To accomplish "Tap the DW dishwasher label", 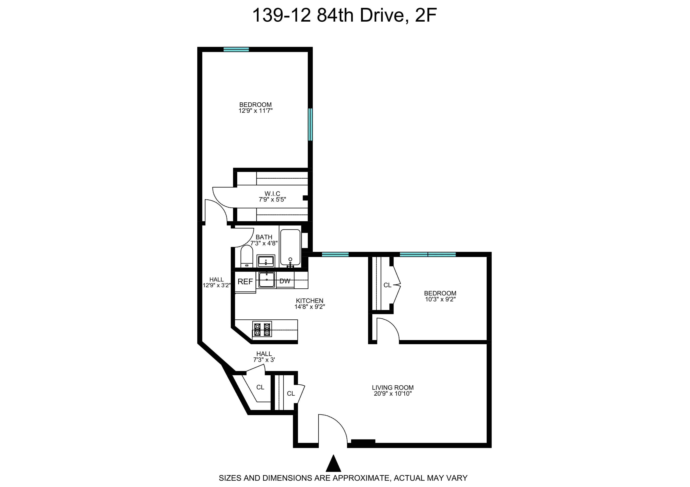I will pyautogui.click(x=285, y=281).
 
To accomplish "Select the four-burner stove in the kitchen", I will pyautogui.click(x=262, y=329).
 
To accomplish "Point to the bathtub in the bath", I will pyautogui.click(x=290, y=248).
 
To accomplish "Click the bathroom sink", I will pyautogui.click(x=266, y=261).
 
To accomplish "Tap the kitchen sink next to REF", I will pyautogui.click(x=267, y=280).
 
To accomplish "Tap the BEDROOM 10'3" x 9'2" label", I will pyautogui.click(x=440, y=296).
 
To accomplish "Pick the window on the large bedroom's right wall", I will pyautogui.click(x=310, y=125).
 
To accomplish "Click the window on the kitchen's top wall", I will pyautogui.click(x=335, y=254).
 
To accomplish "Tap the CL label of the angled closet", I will pyautogui.click(x=260, y=387).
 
